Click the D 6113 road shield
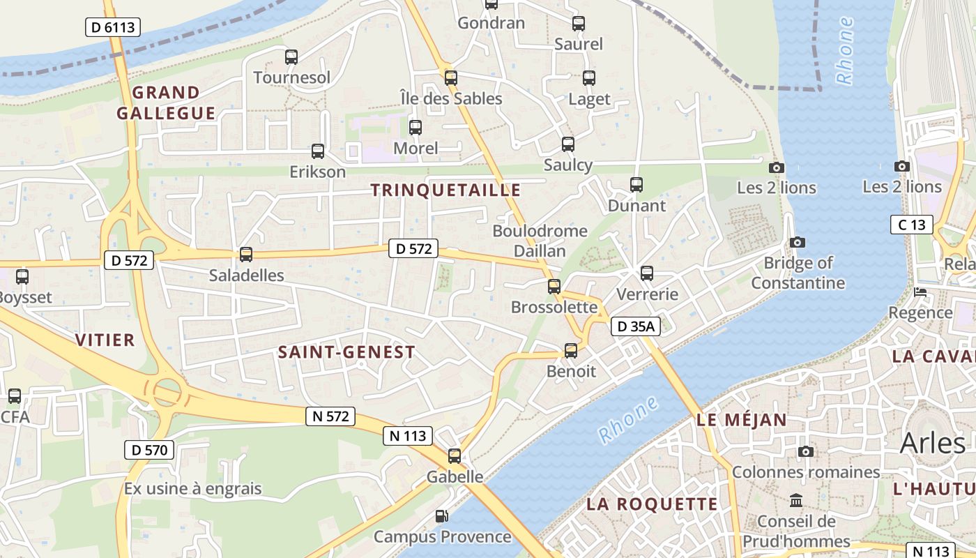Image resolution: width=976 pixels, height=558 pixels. pyautogui.click(x=112, y=27)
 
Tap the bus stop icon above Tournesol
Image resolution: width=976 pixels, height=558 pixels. pyautogui.click(x=291, y=57)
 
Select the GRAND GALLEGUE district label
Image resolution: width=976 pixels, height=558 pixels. pyautogui.click(x=166, y=103)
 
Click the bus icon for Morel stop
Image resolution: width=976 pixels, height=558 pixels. pyautogui.click(x=415, y=128)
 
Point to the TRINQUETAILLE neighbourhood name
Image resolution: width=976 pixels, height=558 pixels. pyautogui.click(x=446, y=190)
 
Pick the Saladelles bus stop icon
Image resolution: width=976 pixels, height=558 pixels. pyautogui.click(x=246, y=255)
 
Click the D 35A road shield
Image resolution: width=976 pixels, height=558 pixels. pyautogui.click(x=636, y=326)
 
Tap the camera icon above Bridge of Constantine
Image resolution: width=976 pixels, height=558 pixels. pyautogui.click(x=798, y=243)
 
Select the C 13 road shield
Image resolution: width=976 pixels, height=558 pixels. pyautogui.click(x=911, y=225)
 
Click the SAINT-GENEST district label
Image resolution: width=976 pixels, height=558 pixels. pyautogui.click(x=346, y=352)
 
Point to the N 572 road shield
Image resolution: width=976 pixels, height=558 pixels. pyautogui.click(x=330, y=416)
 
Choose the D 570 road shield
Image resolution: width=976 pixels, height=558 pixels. pyautogui.click(x=149, y=450)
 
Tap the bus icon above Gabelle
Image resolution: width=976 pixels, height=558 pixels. pyautogui.click(x=455, y=456)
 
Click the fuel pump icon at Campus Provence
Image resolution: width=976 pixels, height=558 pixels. pyautogui.click(x=441, y=516)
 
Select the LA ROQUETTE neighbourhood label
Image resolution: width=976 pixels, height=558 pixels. pyautogui.click(x=652, y=504)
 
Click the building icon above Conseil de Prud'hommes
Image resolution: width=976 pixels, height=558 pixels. pyautogui.click(x=796, y=501)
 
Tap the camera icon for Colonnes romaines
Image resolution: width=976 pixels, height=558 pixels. pyautogui.click(x=806, y=452)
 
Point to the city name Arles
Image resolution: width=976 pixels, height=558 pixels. pyautogui.click(x=933, y=442)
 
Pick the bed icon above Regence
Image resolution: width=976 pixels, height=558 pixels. pyautogui.click(x=920, y=292)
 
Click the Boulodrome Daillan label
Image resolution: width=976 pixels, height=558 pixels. pyautogui.click(x=540, y=241)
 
